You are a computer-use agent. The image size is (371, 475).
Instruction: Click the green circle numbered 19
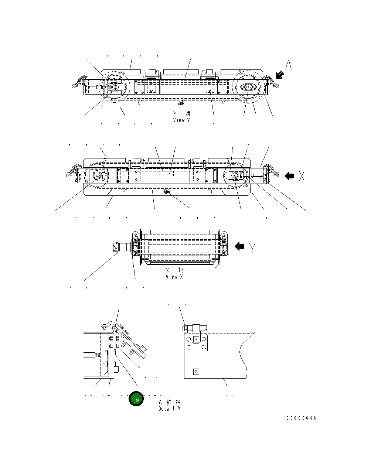[136, 400]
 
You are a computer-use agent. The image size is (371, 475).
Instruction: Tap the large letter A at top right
[288, 65]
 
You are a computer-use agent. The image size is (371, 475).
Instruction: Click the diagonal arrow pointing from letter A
[280, 75]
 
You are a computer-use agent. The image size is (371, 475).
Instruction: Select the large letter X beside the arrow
[302, 176]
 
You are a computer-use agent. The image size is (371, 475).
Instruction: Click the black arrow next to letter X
[289, 176]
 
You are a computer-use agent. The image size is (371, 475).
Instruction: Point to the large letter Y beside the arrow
[252, 247]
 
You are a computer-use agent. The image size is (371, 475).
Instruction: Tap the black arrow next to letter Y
[239, 246]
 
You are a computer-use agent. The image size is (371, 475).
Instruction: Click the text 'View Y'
[181, 120]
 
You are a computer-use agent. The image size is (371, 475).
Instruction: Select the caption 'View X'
[174, 277]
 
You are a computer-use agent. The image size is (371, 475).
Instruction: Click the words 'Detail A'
[170, 409]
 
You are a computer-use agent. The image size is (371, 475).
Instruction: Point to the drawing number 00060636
[301, 418]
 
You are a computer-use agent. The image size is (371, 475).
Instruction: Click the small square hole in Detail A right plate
[196, 372]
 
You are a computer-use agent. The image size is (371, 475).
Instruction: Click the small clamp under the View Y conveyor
[180, 102]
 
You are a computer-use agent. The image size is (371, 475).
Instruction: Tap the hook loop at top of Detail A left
[106, 327]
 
